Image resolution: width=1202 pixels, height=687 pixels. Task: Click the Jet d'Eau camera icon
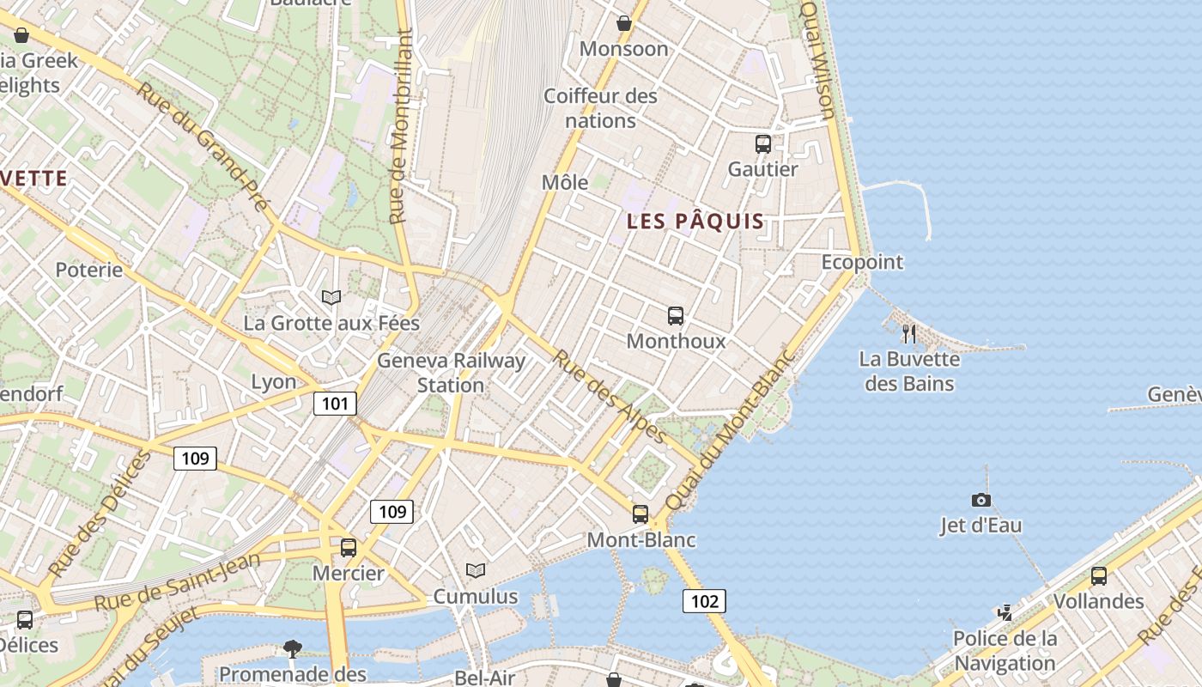click(980, 500)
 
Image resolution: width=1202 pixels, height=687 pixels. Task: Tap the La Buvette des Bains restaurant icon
click(909, 333)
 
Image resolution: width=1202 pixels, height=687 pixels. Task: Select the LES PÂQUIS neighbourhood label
click(695, 222)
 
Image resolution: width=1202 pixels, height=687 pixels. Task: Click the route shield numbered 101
click(335, 404)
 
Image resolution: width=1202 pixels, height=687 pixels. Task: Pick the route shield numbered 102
click(704, 601)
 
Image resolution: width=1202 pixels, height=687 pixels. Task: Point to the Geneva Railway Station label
click(451, 373)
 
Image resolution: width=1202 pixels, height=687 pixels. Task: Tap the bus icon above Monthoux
click(676, 316)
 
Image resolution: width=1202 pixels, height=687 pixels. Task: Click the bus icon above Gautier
click(762, 144)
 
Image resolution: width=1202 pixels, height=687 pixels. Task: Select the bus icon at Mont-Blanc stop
click(640, 514)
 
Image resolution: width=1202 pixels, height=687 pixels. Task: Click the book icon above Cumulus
click(475, 570)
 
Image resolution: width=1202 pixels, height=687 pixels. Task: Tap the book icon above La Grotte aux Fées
click(331, 297)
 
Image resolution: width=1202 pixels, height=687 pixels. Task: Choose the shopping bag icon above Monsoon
click(624, 23)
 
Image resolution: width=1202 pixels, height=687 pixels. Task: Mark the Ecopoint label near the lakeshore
click(862, 262)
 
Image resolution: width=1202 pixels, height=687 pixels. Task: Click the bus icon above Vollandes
click(1098, 576)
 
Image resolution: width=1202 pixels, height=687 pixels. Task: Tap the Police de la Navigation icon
click(1005, 613)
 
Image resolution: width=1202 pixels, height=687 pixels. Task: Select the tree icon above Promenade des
click(293, 647)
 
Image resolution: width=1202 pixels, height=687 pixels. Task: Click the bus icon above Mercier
click(348, 548)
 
